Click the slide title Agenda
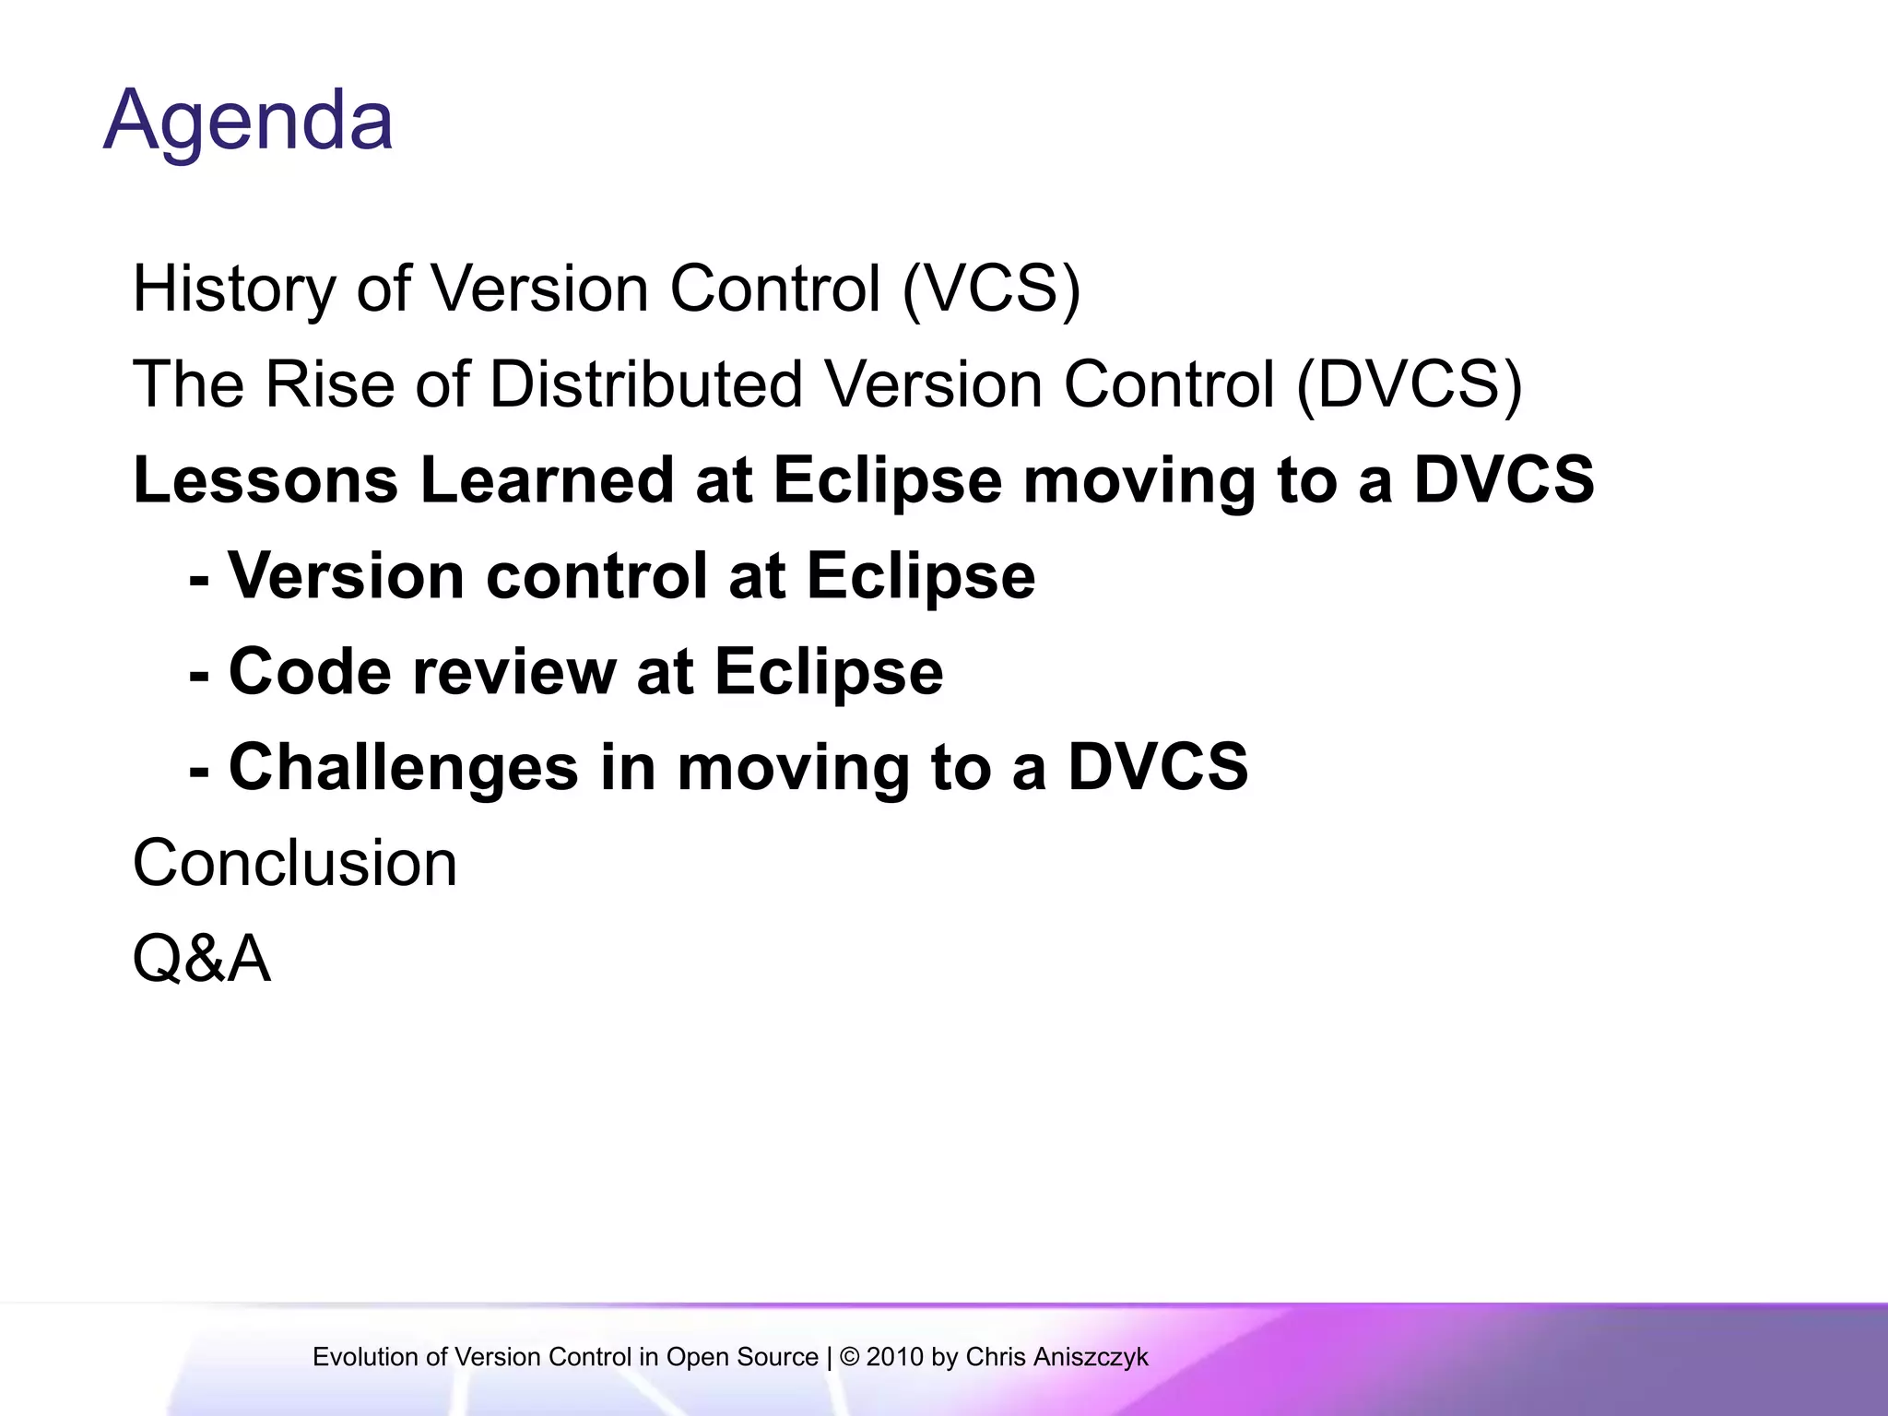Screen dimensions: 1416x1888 click(x=248, y=121)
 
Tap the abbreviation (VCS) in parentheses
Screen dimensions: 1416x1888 click(x=991, y=289)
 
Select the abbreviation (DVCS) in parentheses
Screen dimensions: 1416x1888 click(x=1409, y=385)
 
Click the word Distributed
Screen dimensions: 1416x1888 click(x=645, y=385)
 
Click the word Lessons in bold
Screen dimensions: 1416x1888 click(x=265, y=480)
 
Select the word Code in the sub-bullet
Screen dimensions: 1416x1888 click(x=310, y=671)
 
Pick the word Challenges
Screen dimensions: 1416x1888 click(x=403, y=767)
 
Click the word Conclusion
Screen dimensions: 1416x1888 click(x=295, y=864)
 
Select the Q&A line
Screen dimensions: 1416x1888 click(x=202, y=960)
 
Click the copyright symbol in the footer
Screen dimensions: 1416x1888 click(x=849, y=1357)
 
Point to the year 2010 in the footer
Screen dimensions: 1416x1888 click(x=894, y=1357)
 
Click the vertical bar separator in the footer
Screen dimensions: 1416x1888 click(x=829, y=1357)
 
